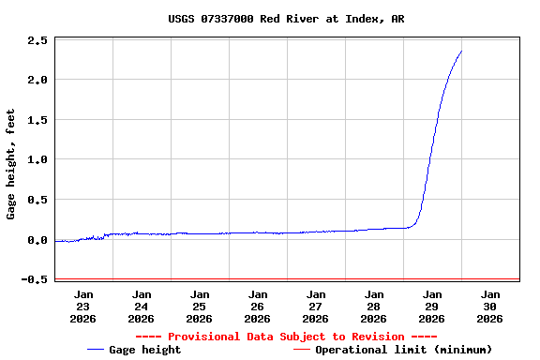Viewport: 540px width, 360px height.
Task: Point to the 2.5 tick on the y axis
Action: point(37,41)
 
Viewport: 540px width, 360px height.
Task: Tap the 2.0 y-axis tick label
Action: point(37,81)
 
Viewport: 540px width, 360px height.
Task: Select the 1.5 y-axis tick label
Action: point(37,120)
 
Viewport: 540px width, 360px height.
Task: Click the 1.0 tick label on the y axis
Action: point(37,160)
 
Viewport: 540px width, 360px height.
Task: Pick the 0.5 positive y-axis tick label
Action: point(37,200)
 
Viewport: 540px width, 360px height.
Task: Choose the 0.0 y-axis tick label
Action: point(37,240)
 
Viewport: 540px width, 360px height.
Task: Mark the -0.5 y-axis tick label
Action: point(35,279)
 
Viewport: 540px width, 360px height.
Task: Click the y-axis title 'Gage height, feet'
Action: point(11,164)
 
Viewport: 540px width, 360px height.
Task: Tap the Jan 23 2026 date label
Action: point(83,306)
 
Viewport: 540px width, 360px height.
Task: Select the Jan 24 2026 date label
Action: point(142,306)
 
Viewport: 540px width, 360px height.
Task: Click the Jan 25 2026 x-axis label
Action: point(200,306)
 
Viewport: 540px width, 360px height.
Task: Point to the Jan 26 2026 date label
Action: point(258,306)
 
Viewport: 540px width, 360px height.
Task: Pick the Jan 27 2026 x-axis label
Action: point(316,306)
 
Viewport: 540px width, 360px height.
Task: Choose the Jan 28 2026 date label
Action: point(374,306)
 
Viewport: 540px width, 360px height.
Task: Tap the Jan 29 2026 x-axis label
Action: point(432,306)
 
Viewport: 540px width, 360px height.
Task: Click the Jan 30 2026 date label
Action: point(490,306)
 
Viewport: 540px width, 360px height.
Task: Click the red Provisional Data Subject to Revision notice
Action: point(286,337)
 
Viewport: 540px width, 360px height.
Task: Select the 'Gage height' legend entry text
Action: point(145,350)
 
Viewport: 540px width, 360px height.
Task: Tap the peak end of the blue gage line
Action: point(461,52)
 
